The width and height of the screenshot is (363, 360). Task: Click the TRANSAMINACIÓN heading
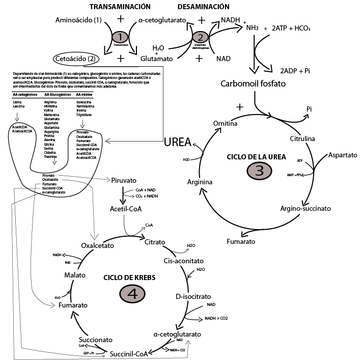[120, 7]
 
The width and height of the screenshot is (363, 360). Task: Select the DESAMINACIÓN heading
[203, 7]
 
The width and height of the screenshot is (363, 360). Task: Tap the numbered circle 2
[200, 37]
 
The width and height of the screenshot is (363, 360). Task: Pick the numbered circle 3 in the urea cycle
[259, 171]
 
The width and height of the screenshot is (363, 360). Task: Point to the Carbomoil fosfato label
[253, 84]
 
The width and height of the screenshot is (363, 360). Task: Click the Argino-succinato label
[305, 208]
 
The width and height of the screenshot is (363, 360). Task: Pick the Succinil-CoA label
[129, 353]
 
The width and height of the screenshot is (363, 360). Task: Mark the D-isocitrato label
[193, 296]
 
